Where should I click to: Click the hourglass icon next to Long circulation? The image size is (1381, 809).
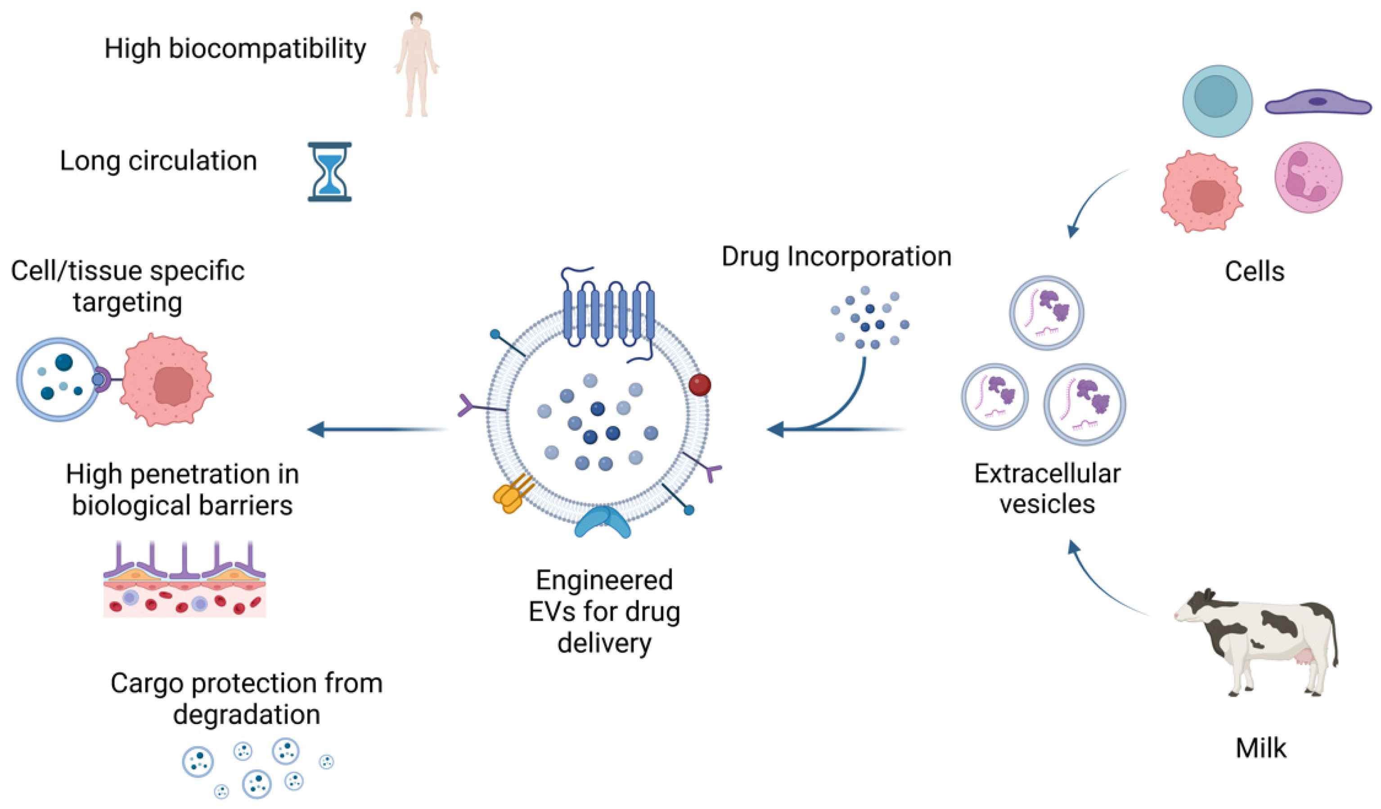point(329,171)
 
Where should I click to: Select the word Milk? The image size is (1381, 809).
point(1260,748)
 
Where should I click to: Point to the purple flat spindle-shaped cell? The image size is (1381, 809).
point(1318,103)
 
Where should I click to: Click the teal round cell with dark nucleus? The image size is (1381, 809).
point(1217,101)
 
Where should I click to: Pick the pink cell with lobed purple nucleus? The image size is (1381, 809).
point(1308,177)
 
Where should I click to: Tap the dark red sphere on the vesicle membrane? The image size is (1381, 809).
point(700,384)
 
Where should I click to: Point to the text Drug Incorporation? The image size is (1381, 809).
point(836,256)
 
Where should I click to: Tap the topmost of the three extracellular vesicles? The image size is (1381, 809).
point(1046,313)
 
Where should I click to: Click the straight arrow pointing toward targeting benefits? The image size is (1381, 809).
point(378,429)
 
